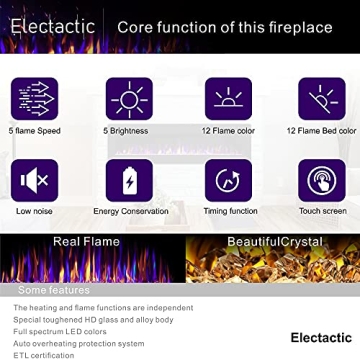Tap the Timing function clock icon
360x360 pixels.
tap(228, 180)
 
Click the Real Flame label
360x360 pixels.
tap(85, 241)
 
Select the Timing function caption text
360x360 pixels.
tap(228, 211)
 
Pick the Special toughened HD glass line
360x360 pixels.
tap(87, 318)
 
